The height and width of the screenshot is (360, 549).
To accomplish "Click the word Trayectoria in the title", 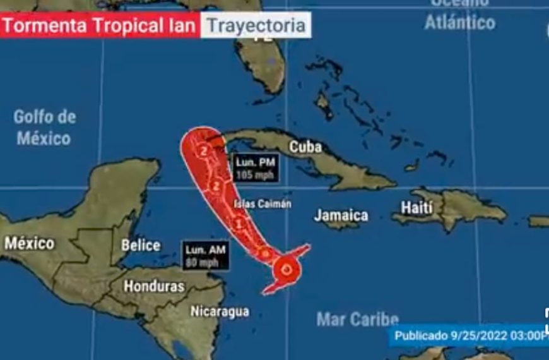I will (x=256, y=26).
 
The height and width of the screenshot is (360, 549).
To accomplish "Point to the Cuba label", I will (x=305, y=147).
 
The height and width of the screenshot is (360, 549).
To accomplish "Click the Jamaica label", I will (x=341, y=215).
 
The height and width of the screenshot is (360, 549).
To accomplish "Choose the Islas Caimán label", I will (x=263, y=204).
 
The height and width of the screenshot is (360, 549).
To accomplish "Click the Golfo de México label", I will (x=44, y=127).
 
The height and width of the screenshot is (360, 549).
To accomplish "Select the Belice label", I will (x=140, y=245).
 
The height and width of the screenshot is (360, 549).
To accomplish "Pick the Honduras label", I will (x=154, y=285).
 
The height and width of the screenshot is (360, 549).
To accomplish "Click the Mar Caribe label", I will (x=357, y=319).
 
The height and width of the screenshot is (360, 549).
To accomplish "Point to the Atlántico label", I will (x=459, y=23).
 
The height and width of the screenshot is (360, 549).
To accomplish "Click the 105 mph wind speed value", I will (x=255, y=174).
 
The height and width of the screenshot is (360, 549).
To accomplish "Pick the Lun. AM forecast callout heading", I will (x=204, y=251).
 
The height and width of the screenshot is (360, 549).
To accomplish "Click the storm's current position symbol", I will (x=288, y=270).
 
